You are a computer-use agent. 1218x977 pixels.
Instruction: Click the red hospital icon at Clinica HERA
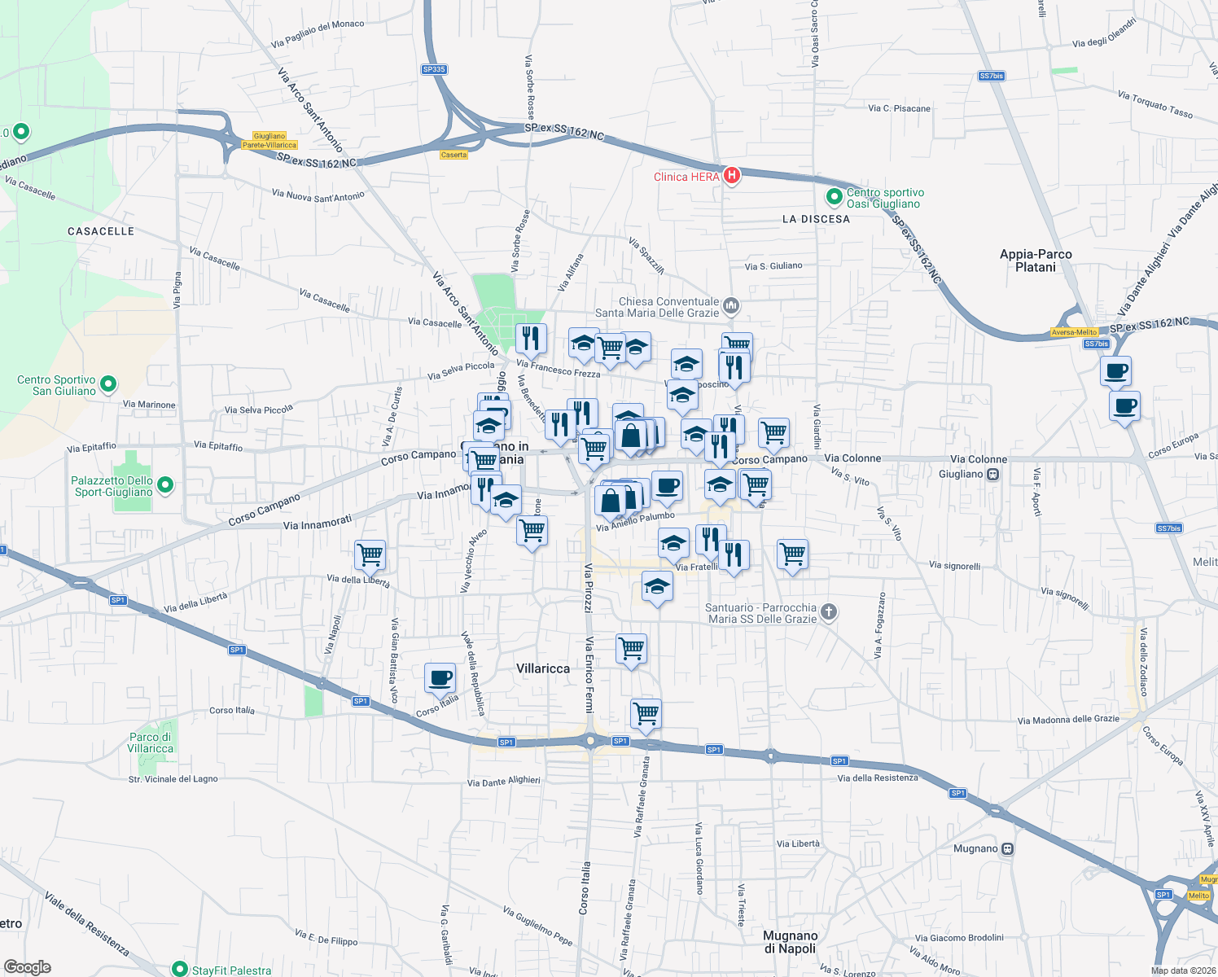point(731,175)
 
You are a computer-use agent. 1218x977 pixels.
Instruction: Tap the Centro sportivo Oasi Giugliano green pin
point(834,196)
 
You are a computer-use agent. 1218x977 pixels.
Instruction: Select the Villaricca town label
point(543,668)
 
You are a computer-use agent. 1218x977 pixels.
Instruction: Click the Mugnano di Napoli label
point(790,942)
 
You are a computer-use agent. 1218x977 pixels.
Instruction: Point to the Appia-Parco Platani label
point(1036,261)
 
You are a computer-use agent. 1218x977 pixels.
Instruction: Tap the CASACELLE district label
point(101,231)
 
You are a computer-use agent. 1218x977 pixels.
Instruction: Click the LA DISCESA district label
point(816,219)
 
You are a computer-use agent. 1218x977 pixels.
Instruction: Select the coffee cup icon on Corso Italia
point(440,677)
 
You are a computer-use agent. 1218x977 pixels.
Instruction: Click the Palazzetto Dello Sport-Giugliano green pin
point(165,485)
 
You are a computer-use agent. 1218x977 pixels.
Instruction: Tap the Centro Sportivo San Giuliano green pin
point(108,383)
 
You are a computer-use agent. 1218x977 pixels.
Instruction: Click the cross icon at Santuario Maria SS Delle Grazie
point(828,612)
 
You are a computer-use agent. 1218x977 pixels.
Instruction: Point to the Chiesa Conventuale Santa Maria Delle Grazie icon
point(730,305)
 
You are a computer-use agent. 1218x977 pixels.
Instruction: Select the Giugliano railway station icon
point(992,475)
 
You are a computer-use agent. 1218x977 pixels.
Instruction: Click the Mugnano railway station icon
point(1008,849)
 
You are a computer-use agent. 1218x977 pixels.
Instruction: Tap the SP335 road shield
point(434,69)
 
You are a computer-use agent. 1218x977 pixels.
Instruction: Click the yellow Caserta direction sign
point(453,155)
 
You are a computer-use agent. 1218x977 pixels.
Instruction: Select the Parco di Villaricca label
point(151,743)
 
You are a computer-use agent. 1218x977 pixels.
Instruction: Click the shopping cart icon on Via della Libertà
point(370,555)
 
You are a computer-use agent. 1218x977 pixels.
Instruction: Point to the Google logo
point(27,967)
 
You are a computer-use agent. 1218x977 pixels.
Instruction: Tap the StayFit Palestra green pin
point(179,969)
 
